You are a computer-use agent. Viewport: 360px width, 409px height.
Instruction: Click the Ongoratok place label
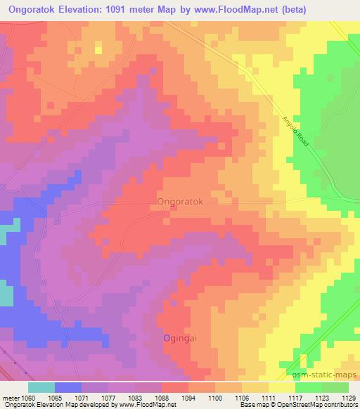click(x=179, y=201)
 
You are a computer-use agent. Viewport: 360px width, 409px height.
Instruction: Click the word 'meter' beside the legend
click(x=11, y=397)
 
